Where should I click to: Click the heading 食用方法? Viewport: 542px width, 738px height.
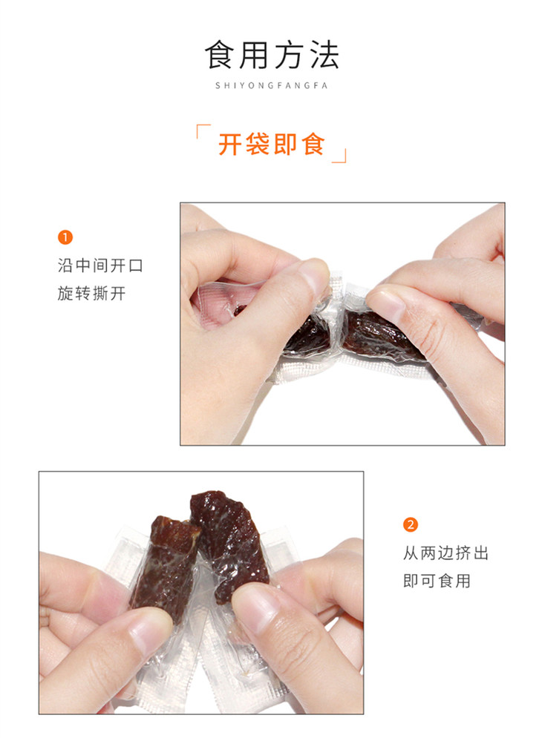pyautogui.click(x=272, y=55)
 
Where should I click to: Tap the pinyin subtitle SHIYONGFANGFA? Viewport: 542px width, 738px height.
pyautogui.click(x=272, y=85)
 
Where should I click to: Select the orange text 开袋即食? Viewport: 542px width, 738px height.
pyautogui.click(x=272, y=144)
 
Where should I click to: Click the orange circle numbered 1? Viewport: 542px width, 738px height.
pyautogui.click(x=65, y=237)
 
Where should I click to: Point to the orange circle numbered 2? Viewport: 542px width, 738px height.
pyautogui.click(x=411, y=524)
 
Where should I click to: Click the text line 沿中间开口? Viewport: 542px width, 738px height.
pyautogui.click(x=100, y=266)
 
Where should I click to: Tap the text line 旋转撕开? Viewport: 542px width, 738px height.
pyautogui.click(x=92, y=294)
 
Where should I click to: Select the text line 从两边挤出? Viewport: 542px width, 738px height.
pyautogui.click(x=445, y=553)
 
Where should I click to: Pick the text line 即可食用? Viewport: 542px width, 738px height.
pyautogui.click(x=437, y=581)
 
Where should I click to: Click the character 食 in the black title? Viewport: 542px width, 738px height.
pyautogui.click(x=220, y=55)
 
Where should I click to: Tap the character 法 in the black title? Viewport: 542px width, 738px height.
pyautogui.click(x=324, y=55)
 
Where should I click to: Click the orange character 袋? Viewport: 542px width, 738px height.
pyautogui.click(x=258, y=144)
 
